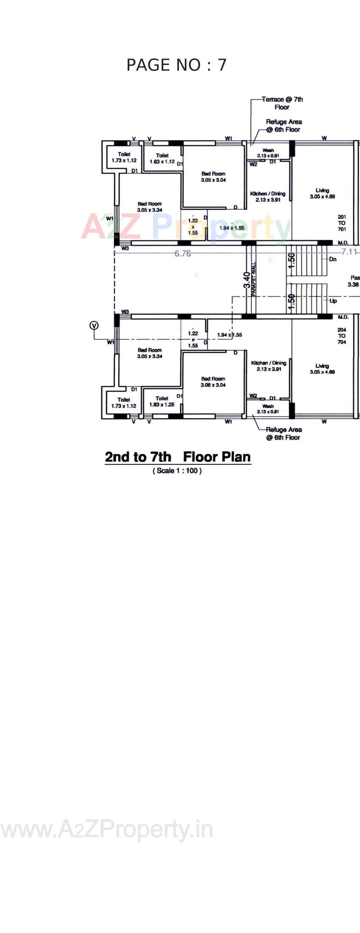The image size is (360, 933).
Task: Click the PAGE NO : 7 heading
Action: [x=176, y=65]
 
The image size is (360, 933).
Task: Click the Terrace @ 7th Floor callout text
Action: [x=282, y=103]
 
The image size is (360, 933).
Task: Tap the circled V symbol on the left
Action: [x=94, y=325]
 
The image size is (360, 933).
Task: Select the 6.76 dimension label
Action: [x=183, y=253]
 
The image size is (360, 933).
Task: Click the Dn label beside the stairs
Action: [x=333, y=259]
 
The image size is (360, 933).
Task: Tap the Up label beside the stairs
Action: [x=333, y=301]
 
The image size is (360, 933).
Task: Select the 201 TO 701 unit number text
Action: [x=342, y=223]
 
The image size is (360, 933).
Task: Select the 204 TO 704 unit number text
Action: [x=342, y=335]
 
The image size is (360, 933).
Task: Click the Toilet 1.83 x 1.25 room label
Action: [x=162, y=401]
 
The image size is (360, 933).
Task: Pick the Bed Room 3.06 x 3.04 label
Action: [x=213, y=382]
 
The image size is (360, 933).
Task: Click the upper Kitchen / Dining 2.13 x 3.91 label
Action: [x=268, y=196]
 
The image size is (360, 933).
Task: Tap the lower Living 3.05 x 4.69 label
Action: [x=322, y=369]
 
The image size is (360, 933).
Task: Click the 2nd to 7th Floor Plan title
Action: [x=178, y=457]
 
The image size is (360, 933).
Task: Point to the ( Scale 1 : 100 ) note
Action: [x=177, y=470]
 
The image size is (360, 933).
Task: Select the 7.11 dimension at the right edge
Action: [x=350, y=252]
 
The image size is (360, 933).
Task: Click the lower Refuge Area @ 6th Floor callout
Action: [x=284, y=433]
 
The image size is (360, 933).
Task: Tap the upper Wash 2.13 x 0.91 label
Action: [x=268, y=153]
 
